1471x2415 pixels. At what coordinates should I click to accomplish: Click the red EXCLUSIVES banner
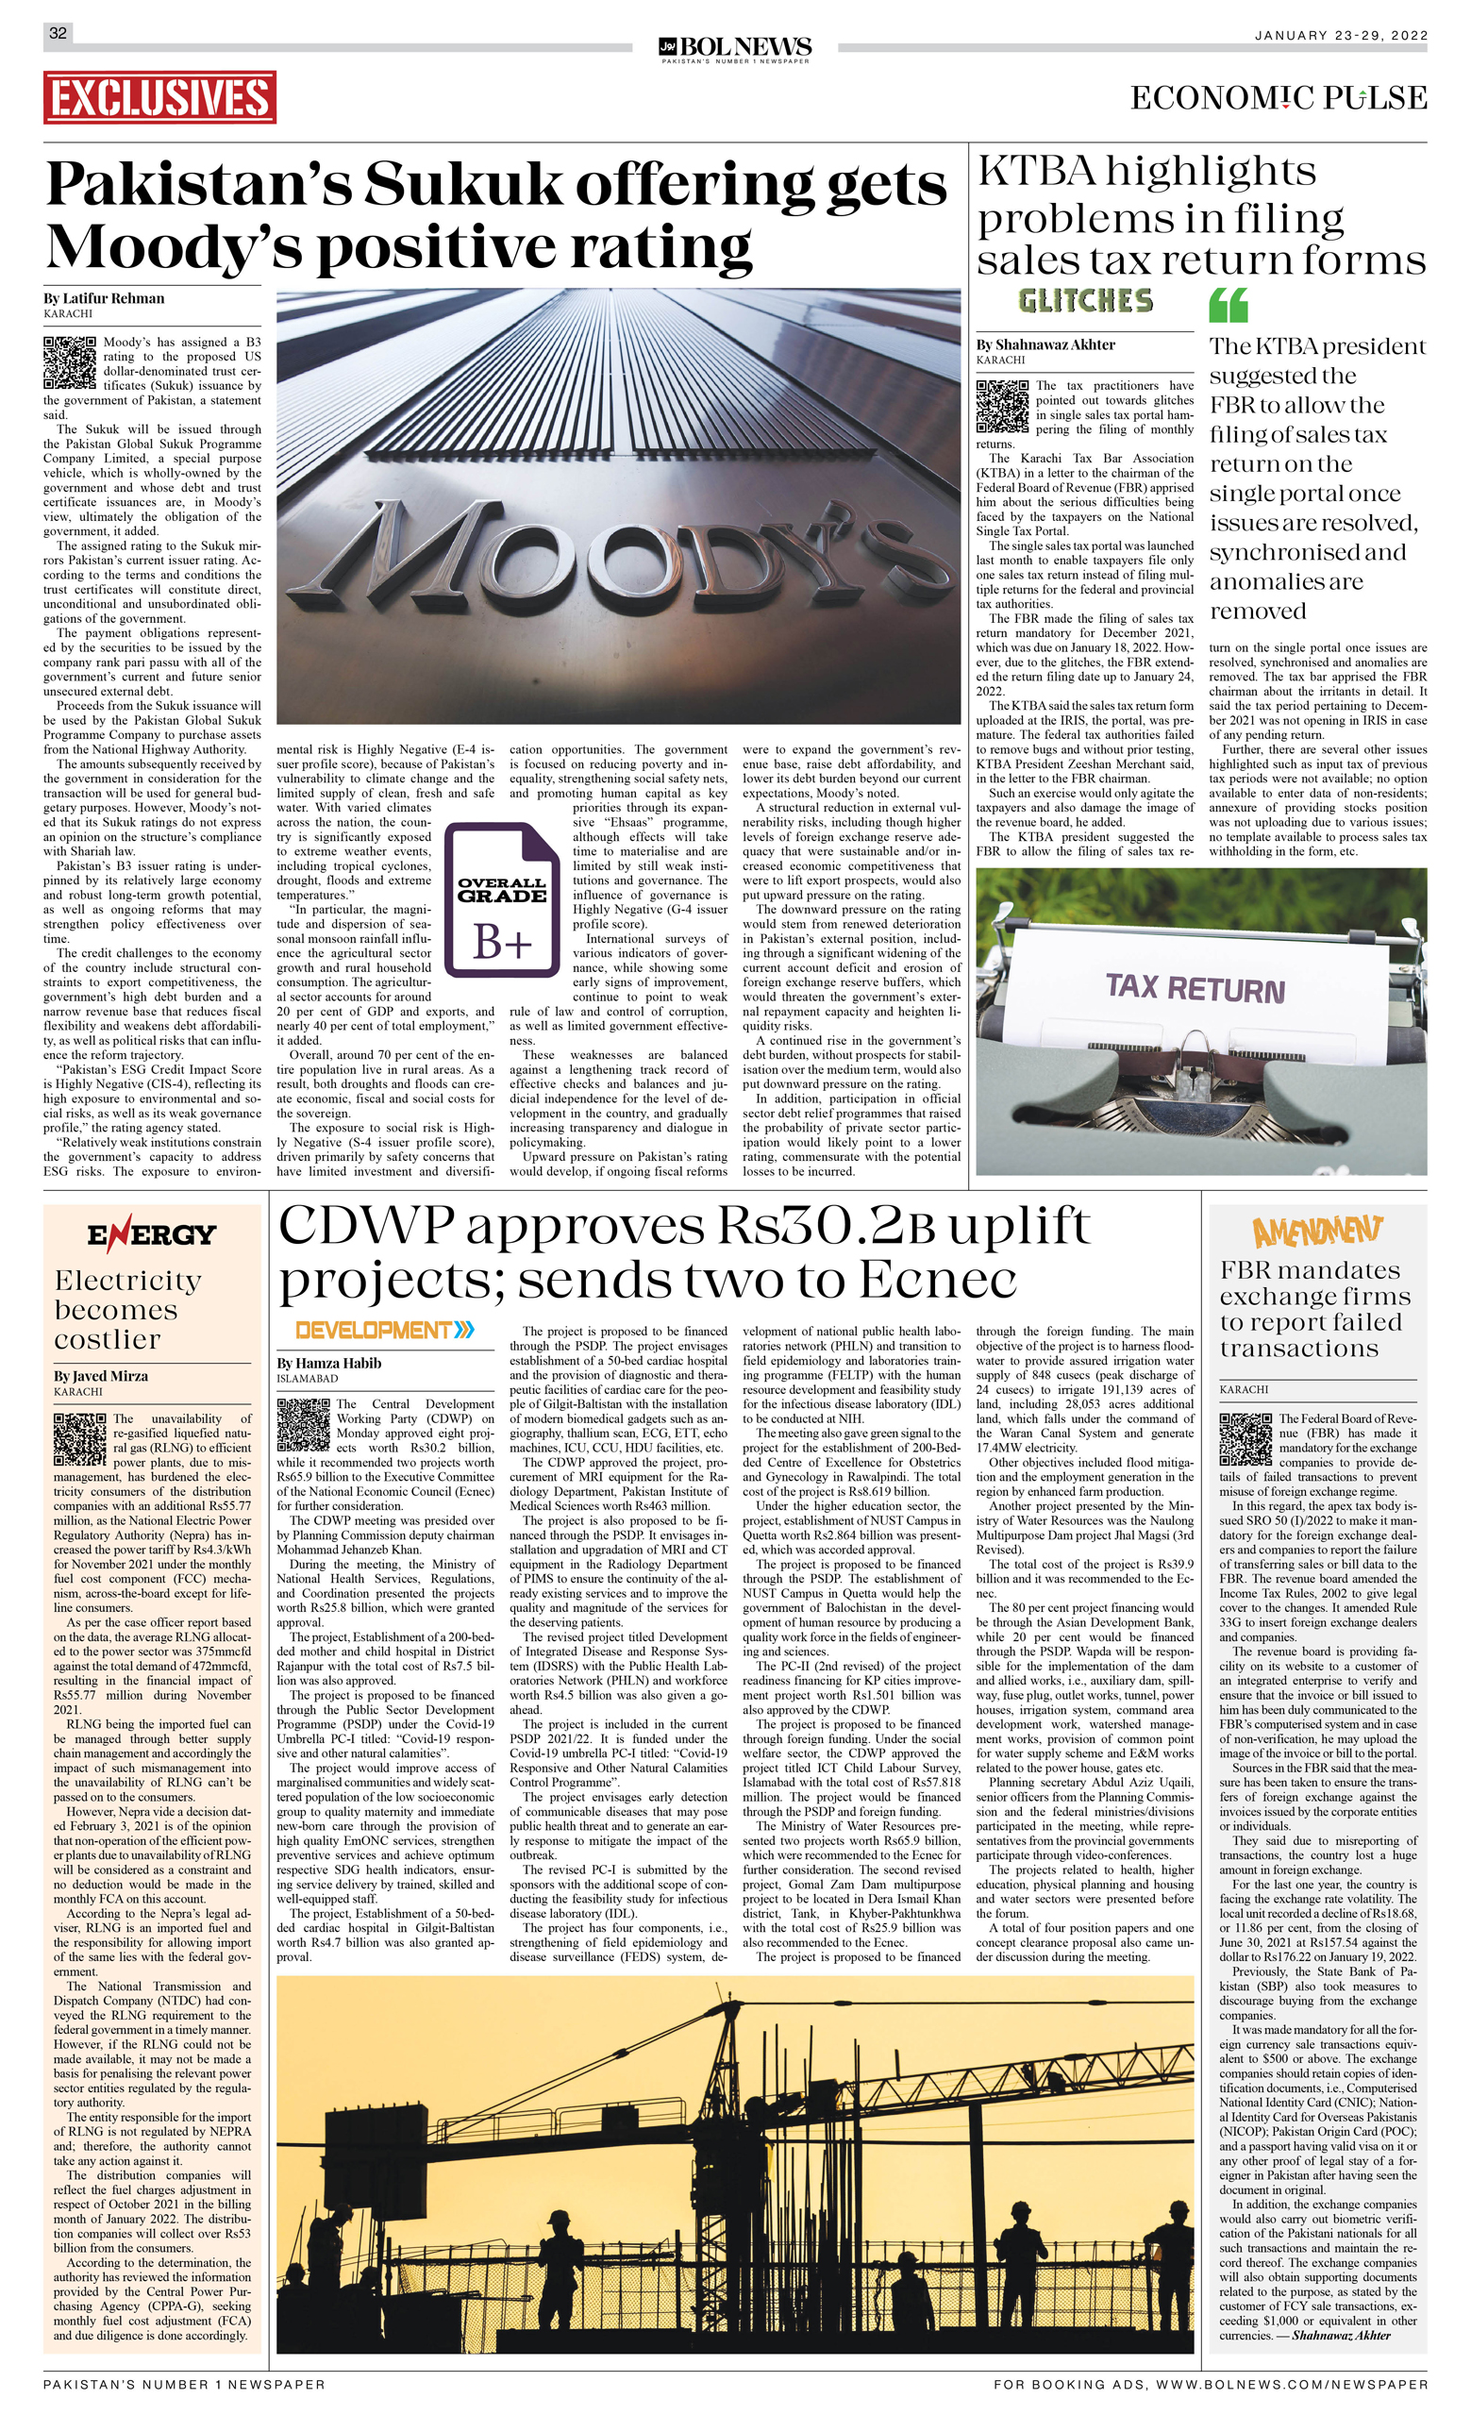tap(159, 97)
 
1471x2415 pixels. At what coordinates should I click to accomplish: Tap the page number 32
tap(58, 32)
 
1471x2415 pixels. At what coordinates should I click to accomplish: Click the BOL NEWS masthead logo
tap(735, 47)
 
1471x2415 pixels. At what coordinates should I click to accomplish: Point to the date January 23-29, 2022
tap(1341, 35)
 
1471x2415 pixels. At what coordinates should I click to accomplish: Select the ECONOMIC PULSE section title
tap(1278, 98)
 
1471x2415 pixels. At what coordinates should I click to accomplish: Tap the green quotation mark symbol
tap(1228, 305)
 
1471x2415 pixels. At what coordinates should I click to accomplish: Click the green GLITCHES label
tap(1085, 301)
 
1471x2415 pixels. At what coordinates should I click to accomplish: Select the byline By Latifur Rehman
tap(104, 298)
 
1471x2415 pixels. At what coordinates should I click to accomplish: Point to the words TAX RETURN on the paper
tap(1195, 988)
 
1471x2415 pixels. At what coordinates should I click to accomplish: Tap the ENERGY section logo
tap(151, 1234)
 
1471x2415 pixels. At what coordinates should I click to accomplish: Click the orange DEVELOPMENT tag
tap(384, 1330)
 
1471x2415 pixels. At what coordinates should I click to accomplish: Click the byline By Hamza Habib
tap(328, 1363)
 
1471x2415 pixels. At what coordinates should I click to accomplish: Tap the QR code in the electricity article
tap(79, 1439)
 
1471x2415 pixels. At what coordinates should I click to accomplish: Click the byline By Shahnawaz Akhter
tap(1045, 344)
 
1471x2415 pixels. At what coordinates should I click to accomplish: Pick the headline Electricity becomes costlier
tap(127, 1310)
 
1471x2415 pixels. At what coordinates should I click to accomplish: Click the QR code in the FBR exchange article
tap(1245, 1439)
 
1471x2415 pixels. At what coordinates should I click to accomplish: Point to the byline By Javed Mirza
tap(101, 1376)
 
